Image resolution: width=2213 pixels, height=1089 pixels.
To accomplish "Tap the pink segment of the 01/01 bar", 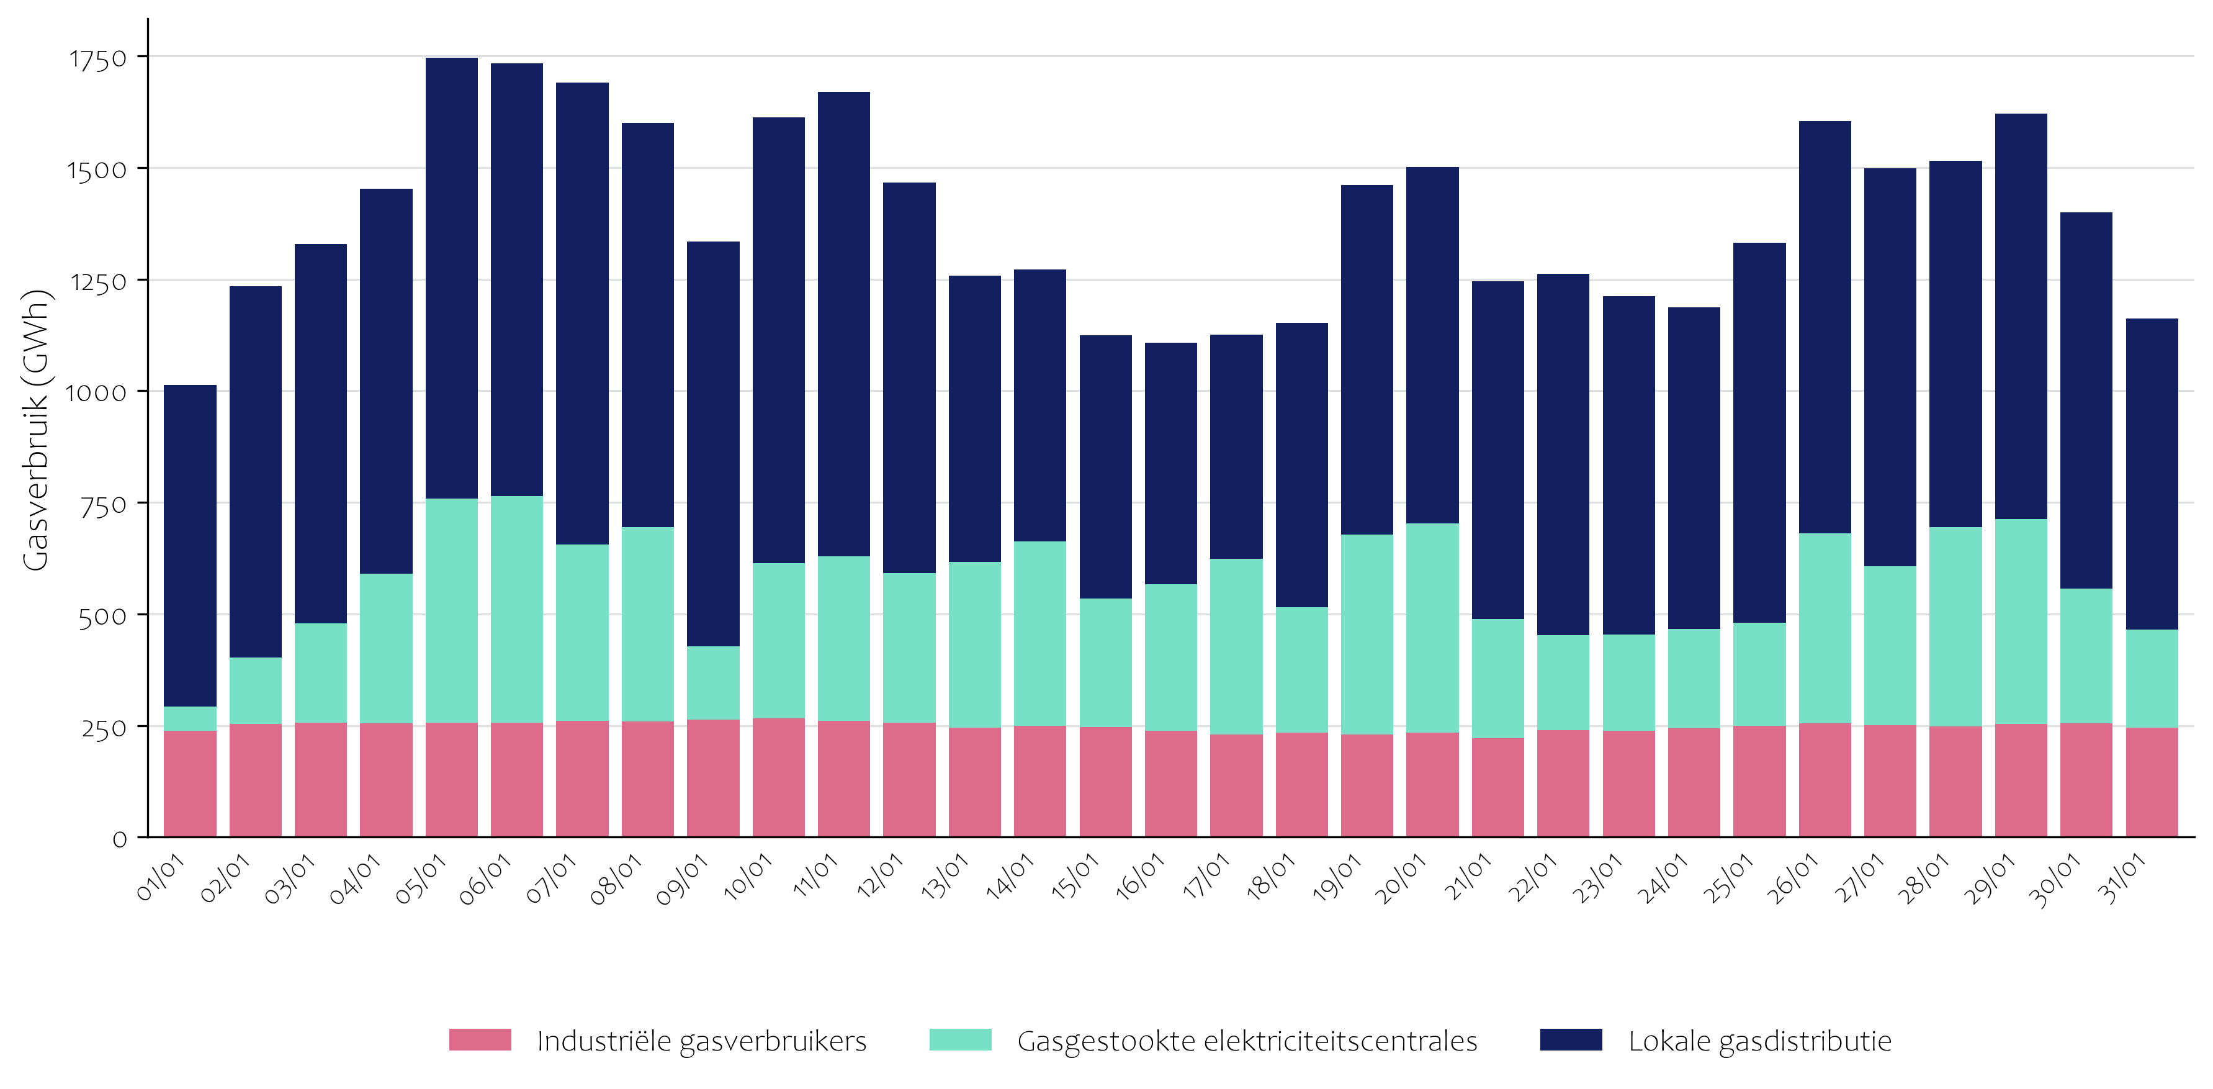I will pos(190,783).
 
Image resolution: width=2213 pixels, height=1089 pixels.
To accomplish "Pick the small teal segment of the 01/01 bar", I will pos(190,718).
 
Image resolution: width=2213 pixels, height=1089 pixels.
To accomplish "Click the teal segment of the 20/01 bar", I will pos(1432,628).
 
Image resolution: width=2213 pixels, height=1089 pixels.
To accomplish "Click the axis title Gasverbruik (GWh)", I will pos(36,430).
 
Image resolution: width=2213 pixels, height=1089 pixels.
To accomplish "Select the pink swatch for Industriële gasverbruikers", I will pos(480,1040).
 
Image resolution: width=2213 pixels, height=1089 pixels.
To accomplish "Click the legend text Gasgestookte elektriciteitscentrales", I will pos(1247,1041).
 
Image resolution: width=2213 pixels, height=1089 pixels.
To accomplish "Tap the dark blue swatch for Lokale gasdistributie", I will pos(1571,1040).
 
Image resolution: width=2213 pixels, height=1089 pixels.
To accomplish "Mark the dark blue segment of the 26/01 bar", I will pos(1825,327).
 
